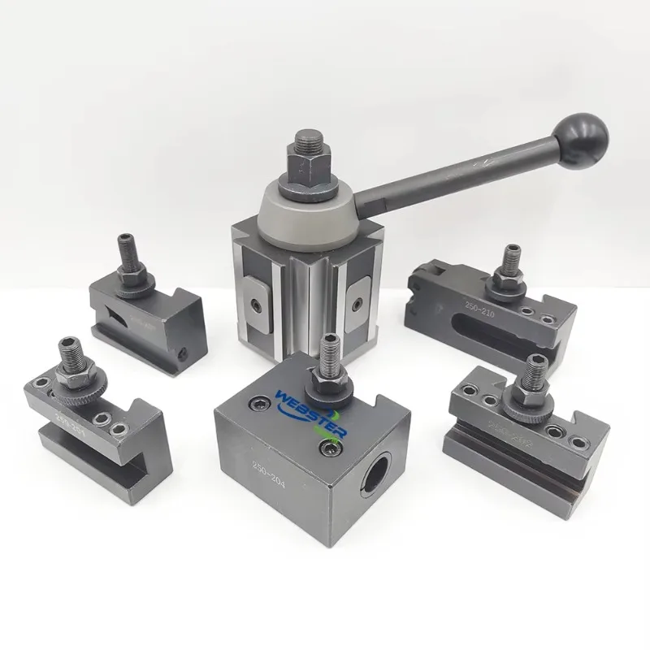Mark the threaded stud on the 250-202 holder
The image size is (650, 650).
pos(534,371)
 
